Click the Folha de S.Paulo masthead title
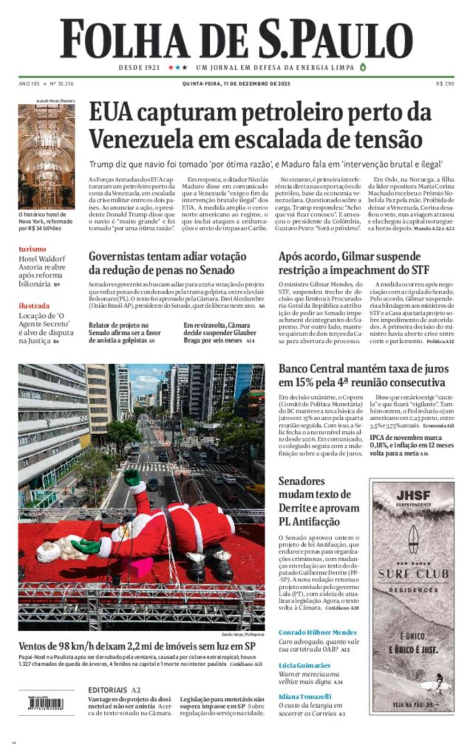click(236, 39)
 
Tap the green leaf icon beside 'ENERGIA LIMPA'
click(363, 67)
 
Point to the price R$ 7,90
click(445, 84)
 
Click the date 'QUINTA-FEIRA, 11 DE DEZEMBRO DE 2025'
click(236, 84)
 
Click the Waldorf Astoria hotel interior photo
click(46, 156)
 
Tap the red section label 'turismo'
click(32, 249)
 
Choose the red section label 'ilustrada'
click(34, 305)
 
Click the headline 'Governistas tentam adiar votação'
click(167, 257)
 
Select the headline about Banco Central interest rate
click(364, 375)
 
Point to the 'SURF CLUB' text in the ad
click(413, 574)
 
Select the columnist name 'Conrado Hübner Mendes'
click(317, 632)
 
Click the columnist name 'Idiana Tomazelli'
click(305, 696)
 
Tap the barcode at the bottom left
click(46, 704)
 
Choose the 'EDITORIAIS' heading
click(108, 690)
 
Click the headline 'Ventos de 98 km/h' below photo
click(137, 645)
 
